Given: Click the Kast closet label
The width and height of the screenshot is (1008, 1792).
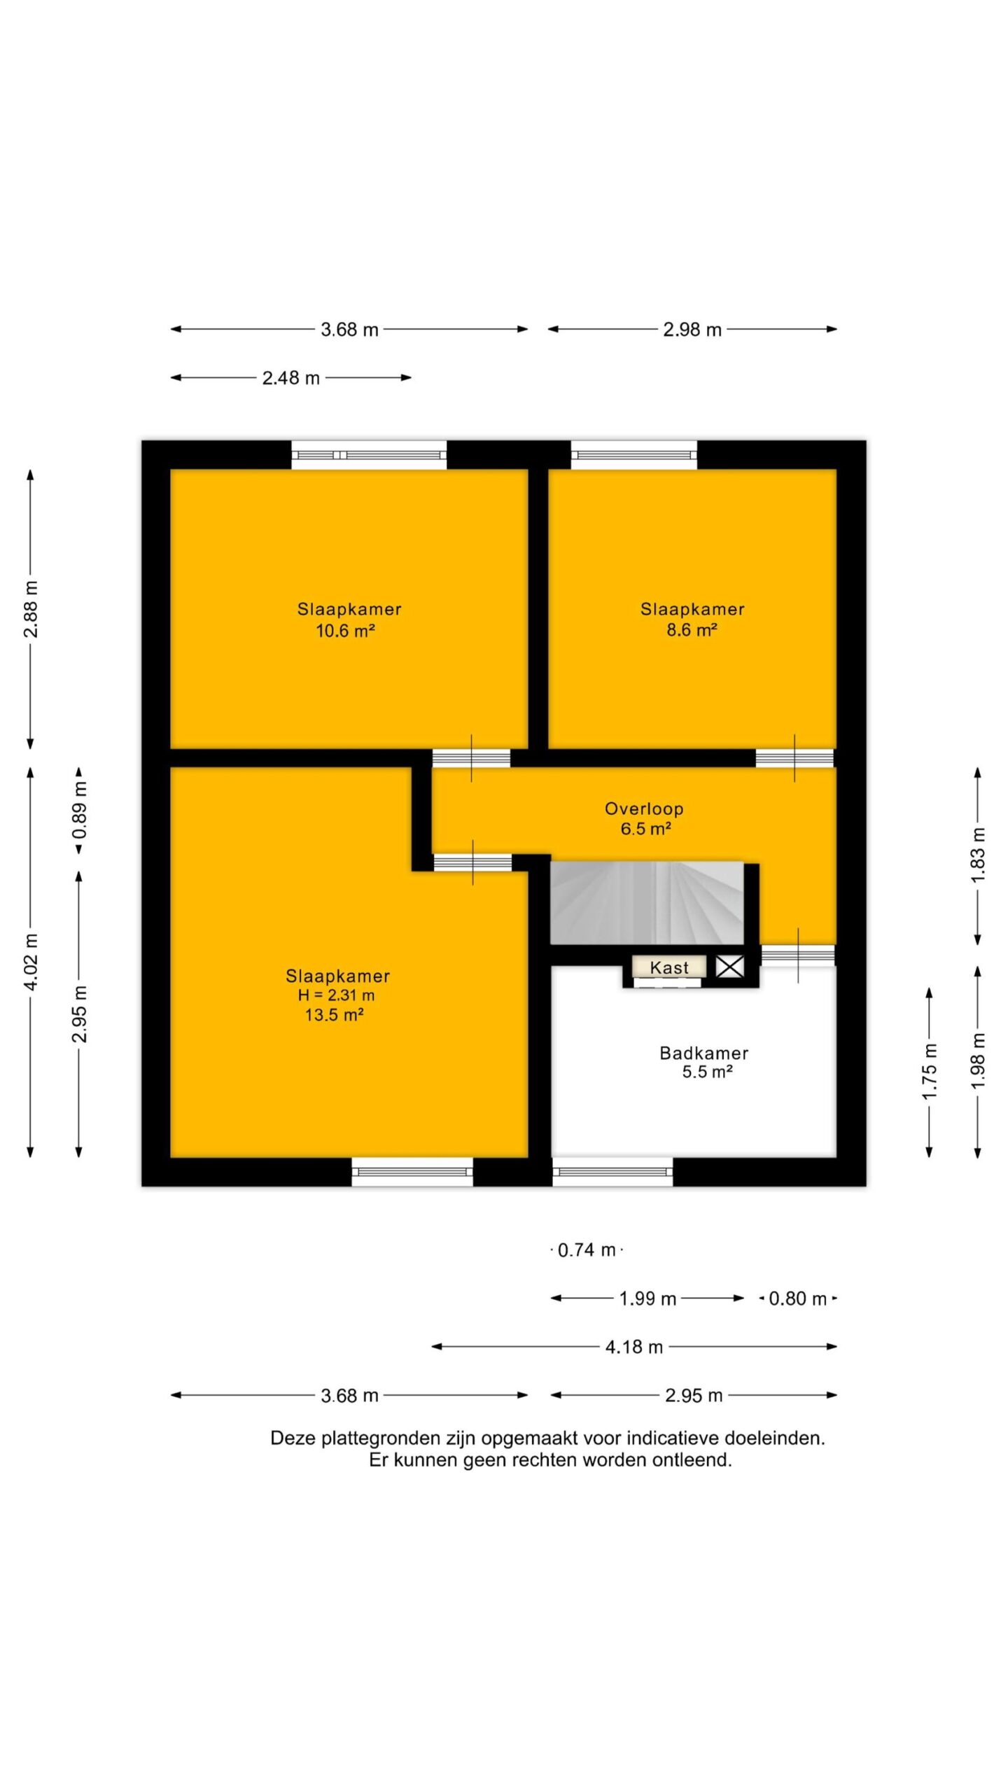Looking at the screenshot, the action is (x=669, y=967).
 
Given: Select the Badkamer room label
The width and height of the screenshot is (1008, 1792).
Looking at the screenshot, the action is (x=704, y=1053).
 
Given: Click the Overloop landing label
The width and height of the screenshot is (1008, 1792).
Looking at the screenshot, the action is (x=644, y=808).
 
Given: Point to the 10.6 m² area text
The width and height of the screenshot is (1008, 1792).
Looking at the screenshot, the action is (x=345, y=631).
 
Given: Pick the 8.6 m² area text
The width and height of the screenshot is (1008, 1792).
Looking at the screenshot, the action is (x=692, y=630).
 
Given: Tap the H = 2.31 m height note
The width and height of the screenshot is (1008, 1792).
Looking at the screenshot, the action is (x=336, y=995).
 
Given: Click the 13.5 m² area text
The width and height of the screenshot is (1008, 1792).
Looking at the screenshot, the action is (x=334, y=1015).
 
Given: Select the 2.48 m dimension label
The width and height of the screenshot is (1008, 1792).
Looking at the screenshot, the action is (x=290, y=378).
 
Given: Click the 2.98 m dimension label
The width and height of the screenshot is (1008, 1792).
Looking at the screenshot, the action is (x=692, y=329).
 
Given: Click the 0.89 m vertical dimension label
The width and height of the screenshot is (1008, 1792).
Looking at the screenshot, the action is (x=80, y=811).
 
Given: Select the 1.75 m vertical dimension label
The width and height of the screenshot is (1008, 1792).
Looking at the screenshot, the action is (x=929, y=1072).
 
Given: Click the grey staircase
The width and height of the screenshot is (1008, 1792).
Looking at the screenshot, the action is (x=647, y=903).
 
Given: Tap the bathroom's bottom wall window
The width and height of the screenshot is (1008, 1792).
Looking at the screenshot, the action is (x=612, y=1172).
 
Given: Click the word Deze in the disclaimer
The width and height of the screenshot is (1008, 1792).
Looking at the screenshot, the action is (x=293, y=1438).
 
